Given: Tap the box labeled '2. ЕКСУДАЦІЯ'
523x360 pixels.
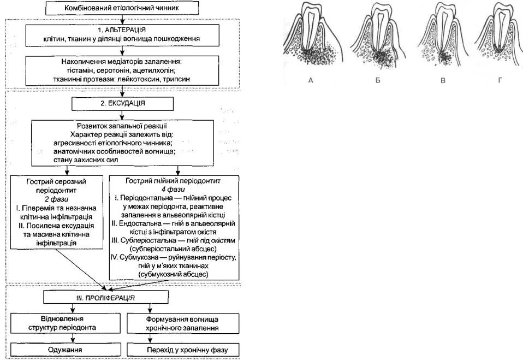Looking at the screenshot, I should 123,103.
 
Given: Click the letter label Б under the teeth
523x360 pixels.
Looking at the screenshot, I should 378,80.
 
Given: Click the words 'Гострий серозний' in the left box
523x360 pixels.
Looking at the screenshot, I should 57,181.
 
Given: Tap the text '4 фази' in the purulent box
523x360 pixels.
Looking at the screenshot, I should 173,189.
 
